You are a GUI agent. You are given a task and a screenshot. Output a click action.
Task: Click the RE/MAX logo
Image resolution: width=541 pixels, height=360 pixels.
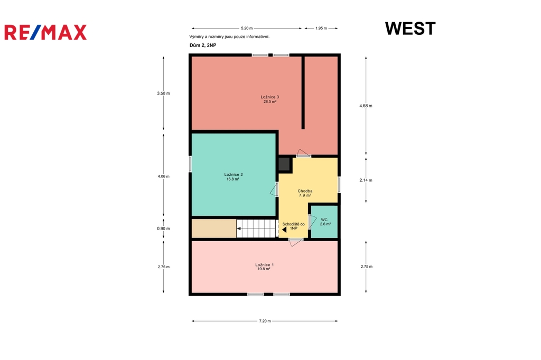pyautogui.click(x=45, y=32)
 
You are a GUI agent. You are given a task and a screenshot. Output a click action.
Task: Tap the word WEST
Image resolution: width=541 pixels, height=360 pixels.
pyautogui.click(x=410, y=29)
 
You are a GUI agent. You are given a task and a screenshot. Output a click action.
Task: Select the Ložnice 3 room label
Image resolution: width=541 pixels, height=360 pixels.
pyautogui.click(x=270, y=99)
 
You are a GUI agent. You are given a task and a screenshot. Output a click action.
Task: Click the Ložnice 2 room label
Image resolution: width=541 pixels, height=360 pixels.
pyautogui.click(x=233, y=176)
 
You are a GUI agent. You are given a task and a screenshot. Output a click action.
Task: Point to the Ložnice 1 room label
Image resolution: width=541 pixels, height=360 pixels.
pyautogui.click(x=264, y=267)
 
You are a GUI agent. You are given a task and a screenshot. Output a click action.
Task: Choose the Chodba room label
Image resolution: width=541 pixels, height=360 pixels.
pyautogui.click(x=305, y=193)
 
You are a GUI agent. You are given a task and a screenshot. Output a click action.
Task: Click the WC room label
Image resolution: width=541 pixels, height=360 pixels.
pyautogui.click(x=325, y=222)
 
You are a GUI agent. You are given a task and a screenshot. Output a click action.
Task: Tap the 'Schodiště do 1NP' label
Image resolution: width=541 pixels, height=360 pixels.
pyautogui.click(x=293, y=226)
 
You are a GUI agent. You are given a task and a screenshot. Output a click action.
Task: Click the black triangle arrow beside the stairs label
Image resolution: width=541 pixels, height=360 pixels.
pyautogui.click(x=284, y=230)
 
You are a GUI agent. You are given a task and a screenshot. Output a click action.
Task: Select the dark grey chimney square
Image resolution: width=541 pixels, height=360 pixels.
pyautogui.click(x=284, y=164)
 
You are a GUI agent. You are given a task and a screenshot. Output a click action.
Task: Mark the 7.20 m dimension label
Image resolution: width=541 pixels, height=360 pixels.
pyautogui.click(x=265, y=321)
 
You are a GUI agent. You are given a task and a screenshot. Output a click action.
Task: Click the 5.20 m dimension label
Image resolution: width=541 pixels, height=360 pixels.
pyautogui.click(x=247, y=29)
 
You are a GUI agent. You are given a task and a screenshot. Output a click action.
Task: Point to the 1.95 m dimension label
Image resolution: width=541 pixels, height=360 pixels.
pyautogui.click(x=321, y=29)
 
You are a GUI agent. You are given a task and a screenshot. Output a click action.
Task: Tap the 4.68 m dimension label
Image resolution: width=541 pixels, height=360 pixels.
pyautogui.click(x=366, y=106)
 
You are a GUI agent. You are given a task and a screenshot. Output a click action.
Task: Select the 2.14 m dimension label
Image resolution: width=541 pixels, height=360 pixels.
pyautogui.click(x=366, y=180)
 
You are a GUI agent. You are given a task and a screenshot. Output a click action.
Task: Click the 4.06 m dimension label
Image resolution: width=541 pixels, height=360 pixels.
pyautogui.click(x=164, y=176)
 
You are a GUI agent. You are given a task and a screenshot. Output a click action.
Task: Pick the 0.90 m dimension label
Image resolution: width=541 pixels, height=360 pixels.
pyautogui.click(x=164, y=228)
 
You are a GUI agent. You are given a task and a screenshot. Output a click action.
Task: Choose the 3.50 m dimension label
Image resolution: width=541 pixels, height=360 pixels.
pyautogui.click(x=164, y=93)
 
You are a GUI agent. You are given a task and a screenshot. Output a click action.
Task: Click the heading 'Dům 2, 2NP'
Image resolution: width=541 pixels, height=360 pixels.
pyautogui.click(x=203, y=45)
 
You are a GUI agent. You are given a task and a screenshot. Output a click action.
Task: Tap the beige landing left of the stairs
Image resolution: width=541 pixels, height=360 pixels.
pyautogui.click(x=214, y=228)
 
